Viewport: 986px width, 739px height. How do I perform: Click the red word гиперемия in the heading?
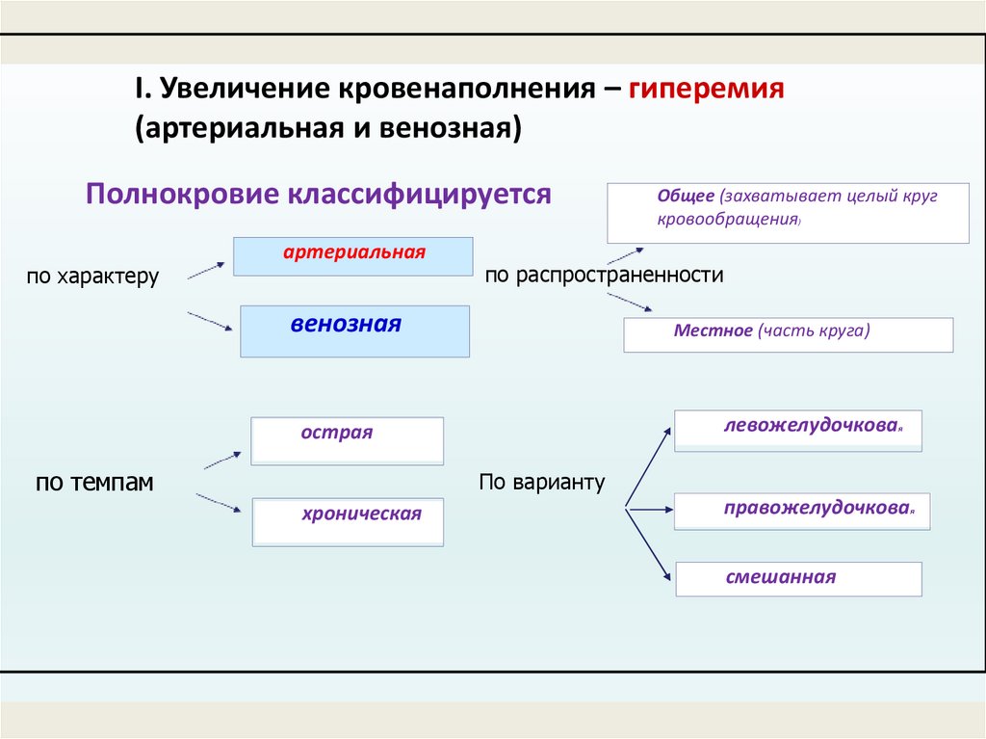pyautogui.click(x=708, y=90)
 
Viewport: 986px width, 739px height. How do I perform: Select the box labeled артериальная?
pyautogui.click(x=353, y=256)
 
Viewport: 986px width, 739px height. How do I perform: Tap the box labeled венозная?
pyautogui.click(x=354, y=331)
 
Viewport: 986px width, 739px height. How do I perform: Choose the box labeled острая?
pyautogui.click(x=347, y=440)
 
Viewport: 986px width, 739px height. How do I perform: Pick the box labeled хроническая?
pyautogui.click(x=348, y=521)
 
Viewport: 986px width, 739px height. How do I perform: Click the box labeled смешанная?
pyautogui.click(x=798, y=579)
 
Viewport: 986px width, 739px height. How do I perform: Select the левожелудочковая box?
pyautogui.click(x=798, y=431)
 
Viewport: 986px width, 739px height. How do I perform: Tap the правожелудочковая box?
pyautogui.click(x=801, y=511)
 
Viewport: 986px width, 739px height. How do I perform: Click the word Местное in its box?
pyautogui.click(x=714, y=330)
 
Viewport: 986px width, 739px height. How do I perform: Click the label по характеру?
pyautogui.click(x=92, y=277)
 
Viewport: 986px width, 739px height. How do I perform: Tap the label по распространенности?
pyautogui.click(x=604, y=276)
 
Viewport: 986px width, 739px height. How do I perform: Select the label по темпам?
pyautogui.click(x=94, y=483)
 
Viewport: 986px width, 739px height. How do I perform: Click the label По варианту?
pyautogui.click(x=541, y=483)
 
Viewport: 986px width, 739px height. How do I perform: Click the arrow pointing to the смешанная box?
pyautogui.click(x=649, y=544)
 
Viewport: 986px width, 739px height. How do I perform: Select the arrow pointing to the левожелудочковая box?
pyautogui.click(x=648, y=465)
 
